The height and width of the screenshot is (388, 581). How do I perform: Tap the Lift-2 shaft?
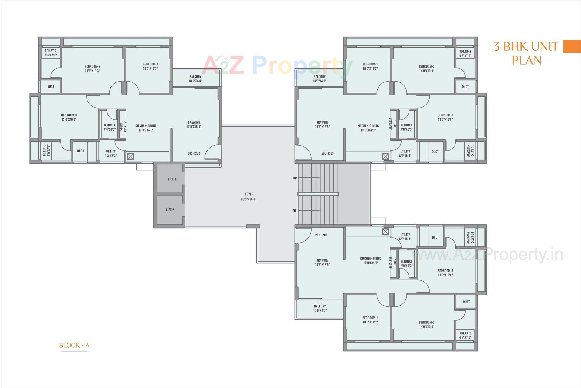[x=170, y=209]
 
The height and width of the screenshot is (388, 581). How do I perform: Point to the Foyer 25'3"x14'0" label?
[x=249, y=196]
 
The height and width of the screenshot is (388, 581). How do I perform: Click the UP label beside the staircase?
[x=295, y=179]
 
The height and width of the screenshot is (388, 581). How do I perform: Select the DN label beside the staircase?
[x=294, y=211]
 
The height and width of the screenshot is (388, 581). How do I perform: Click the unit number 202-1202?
[x=194, y=153]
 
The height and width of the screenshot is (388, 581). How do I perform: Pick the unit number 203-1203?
[x=327, y=153]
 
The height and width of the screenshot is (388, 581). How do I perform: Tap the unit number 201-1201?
[x=321, y=235]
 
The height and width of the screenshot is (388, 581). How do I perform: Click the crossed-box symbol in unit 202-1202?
[x=130, y=156]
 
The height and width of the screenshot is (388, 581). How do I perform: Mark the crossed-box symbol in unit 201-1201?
[x=385, y=232]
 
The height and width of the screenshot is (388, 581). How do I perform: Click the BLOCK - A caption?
[x=74, y=345]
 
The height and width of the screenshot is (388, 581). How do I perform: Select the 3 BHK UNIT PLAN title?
[x=526, y=53]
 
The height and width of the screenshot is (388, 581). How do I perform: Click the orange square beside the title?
[x=572, y=47]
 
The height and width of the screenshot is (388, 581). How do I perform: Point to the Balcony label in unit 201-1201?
[x=320, y=308]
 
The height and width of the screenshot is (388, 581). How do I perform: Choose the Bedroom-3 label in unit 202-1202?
[x=69, y=117]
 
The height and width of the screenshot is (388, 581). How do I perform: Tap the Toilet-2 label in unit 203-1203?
[x=465, y=53]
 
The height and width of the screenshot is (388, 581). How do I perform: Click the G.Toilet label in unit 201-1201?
[x=406, y=263]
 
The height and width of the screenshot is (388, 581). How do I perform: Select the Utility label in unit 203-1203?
[x=405, y=153]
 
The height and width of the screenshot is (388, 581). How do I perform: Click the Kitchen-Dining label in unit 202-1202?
[x=146, y=128]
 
